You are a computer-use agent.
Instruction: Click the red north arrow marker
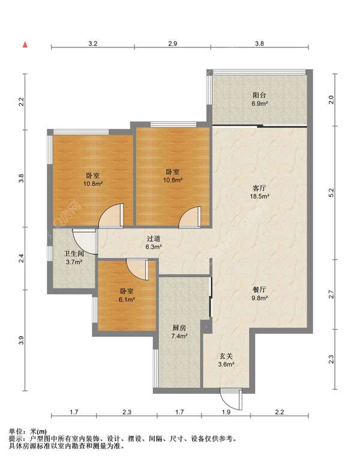click(x=26, y=44)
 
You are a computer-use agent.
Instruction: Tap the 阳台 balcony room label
click(x=259, y=95)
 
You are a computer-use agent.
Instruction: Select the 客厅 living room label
click(x=259, y=188)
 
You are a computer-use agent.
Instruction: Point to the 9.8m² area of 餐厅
click(x=259, y=298)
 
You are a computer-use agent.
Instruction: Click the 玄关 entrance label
click(x=226, y=356)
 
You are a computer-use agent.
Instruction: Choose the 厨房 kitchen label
click(x=179, y=327)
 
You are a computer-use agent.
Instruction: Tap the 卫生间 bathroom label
click(x=74, y=254)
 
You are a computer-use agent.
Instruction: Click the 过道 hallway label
click(x=153, y=238)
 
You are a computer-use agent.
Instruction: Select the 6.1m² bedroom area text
click(x=127, y=299)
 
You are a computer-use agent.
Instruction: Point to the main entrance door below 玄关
click(x=232, y=399)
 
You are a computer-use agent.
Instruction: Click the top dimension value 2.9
click(x=173, y=44)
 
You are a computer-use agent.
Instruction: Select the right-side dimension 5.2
click(x=331, y=193)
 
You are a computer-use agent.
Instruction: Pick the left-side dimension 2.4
click(x=21, y=258)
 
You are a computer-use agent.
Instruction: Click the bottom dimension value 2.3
click(x=127, y=411)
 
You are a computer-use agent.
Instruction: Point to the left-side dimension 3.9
click(x=21, y=341)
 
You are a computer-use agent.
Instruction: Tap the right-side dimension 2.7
click(x=331, y=294)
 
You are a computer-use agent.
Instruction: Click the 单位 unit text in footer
click(x=16, y=432)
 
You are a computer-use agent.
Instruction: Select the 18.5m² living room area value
click(x=259, y=196)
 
